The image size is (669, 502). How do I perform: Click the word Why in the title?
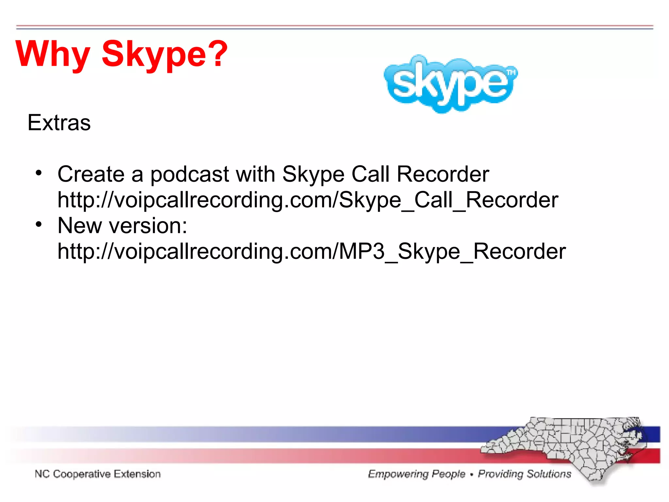click(52, 54)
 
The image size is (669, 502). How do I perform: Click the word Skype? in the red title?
click(164, 54)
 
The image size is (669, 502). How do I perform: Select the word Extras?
click(59, 123)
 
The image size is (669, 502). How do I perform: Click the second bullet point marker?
click(39, 225)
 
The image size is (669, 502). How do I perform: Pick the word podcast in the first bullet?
click(189, 174)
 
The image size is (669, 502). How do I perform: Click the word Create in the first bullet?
click(91, 174)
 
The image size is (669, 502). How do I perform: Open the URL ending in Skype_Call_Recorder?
click(307, 200)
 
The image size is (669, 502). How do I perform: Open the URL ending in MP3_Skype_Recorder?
click(311, 251)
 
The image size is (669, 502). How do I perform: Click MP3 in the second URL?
click(362, 251)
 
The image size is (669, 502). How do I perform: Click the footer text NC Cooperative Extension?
click(98, 474)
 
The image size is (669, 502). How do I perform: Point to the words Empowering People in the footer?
click(416, 474)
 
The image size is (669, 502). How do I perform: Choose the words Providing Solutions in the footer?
click(524, 474)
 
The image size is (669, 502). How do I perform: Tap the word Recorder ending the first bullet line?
click(443, 174)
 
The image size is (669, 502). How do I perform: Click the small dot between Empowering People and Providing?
click(471, 475)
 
